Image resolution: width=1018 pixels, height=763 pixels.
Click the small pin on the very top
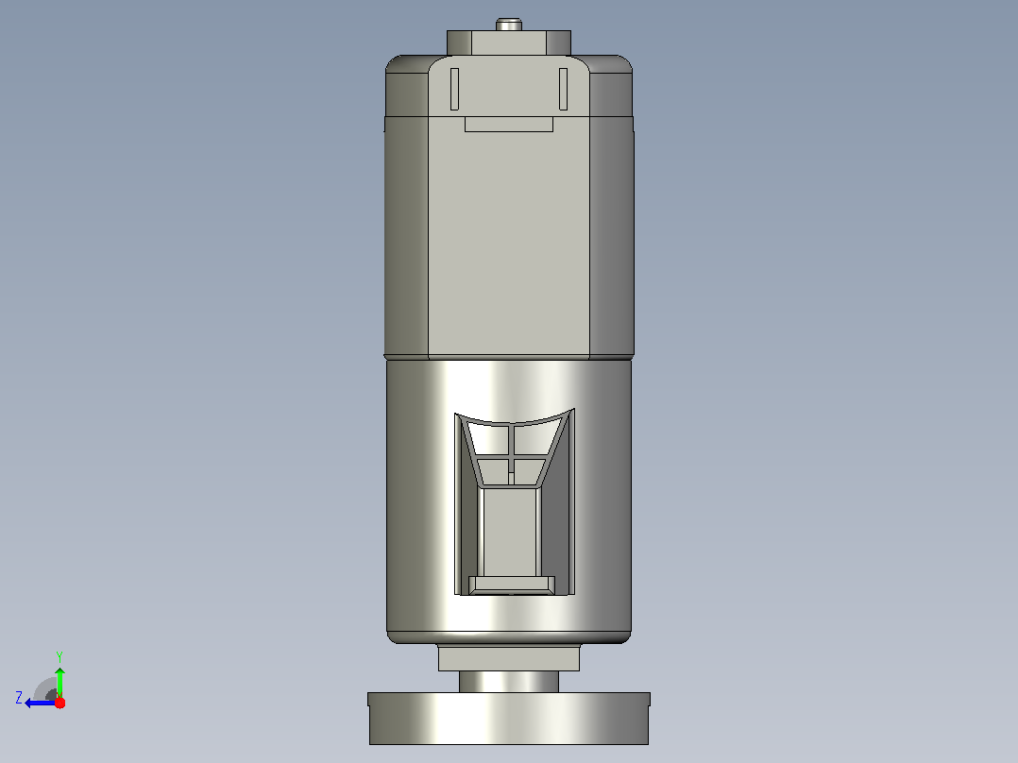[x=509, y=25]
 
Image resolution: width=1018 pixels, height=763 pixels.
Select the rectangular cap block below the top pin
[x=509, y=42]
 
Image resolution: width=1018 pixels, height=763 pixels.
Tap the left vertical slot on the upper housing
[x=454, y=89]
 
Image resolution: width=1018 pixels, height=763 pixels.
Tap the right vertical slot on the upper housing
[x=563, y=89]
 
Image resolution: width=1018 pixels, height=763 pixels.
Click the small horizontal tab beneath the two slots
[x=509, y=124]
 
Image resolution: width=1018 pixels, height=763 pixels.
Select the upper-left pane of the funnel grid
[x=487, y=440]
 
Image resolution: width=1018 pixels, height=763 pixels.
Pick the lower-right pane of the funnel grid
[x=528, y=471]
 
